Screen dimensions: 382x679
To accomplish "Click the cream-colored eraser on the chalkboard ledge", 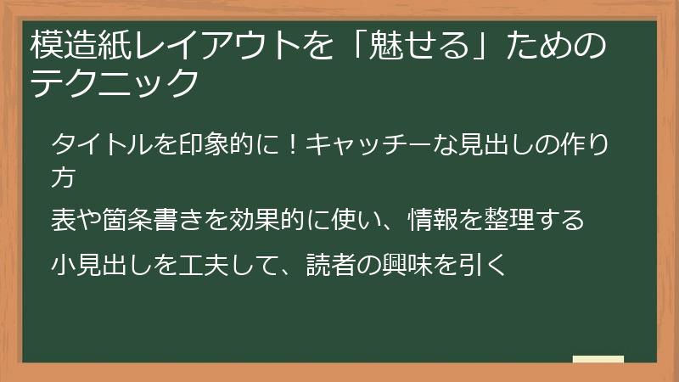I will coord(598,359).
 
